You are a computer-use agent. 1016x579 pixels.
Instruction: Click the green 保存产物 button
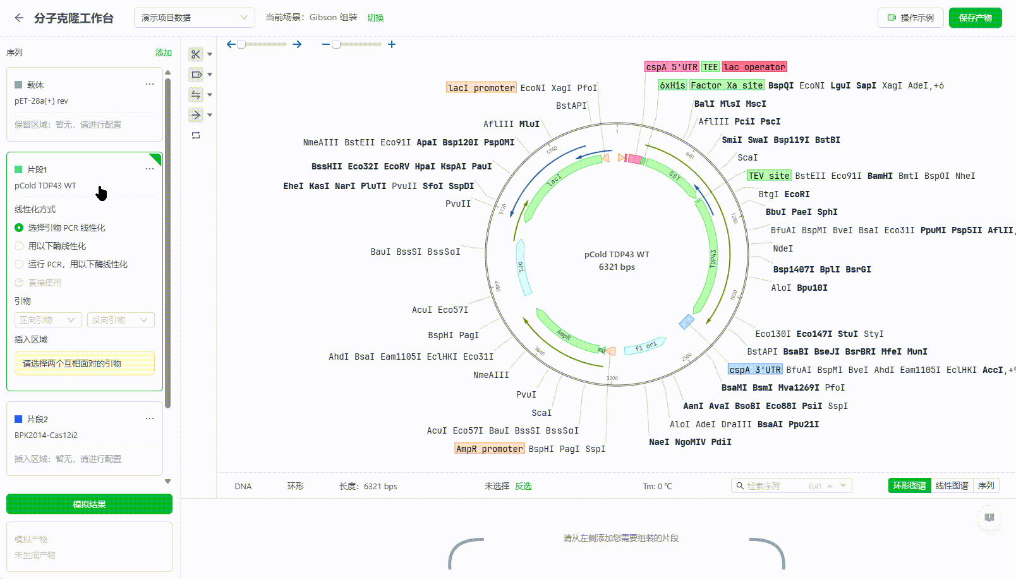975,18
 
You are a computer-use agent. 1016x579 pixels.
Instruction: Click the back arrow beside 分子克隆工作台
19,18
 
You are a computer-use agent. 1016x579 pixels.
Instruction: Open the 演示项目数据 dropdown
194,18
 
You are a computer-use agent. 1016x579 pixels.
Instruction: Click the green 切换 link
375,18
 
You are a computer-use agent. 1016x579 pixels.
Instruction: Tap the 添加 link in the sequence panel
163,52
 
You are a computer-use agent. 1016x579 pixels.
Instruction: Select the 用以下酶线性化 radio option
19,246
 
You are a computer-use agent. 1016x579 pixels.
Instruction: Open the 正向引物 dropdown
48,320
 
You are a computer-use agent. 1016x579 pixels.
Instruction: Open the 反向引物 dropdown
120,320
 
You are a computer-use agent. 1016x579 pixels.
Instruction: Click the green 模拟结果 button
89,504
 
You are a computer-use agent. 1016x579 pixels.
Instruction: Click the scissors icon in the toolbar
196,54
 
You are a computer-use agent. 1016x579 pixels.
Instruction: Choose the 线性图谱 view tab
952,485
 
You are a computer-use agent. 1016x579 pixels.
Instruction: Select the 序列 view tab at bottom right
986,485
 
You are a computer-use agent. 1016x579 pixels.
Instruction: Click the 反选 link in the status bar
523,486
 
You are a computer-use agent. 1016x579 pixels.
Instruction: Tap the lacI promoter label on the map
481,88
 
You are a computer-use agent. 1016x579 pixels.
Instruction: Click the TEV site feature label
768,176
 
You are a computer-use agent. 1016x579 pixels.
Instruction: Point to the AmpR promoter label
489,449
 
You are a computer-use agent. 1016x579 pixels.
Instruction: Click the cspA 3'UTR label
754,370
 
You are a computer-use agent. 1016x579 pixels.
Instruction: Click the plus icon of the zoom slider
392,44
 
